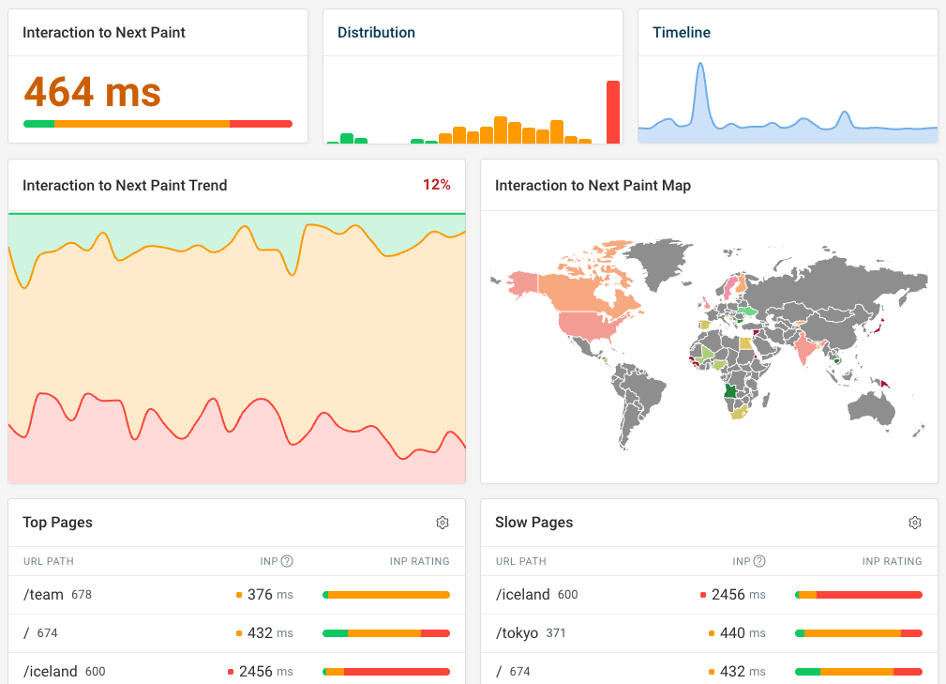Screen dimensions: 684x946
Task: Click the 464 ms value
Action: pyautogui.click(x=92, y=92)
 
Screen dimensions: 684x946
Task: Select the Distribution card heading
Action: pyautogui.click(x=376, y=33)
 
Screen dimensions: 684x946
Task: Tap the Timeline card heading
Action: pyautogui.click(x=681, y=33)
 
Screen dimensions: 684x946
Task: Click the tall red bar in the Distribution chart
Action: pyautogui.click(x=613, y=112)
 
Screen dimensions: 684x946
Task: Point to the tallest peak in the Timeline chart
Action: pyautogui.click(x=699, y=66)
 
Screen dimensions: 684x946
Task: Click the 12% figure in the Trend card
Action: pyautogui.click(x=436, y=185)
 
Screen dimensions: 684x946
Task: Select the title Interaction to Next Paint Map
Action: pyautogui.click(x=593, y=186)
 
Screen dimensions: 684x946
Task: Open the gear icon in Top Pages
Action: pyautogui.click(x=443, y=523)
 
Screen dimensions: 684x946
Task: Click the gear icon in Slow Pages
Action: pyautogui.click(x=915, y=523)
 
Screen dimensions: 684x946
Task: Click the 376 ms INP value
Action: pyautogui.click(x=269, y=594)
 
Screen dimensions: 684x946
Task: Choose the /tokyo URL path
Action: pyautogui.click(x=517, y=633)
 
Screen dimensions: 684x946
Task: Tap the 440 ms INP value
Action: pyautogui.click(x=742, y=633)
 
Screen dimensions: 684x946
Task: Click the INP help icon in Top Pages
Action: pyautogui.click(x=287, y=561)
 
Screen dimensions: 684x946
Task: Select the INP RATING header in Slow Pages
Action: pyautogui.click(x=892, y=561)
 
